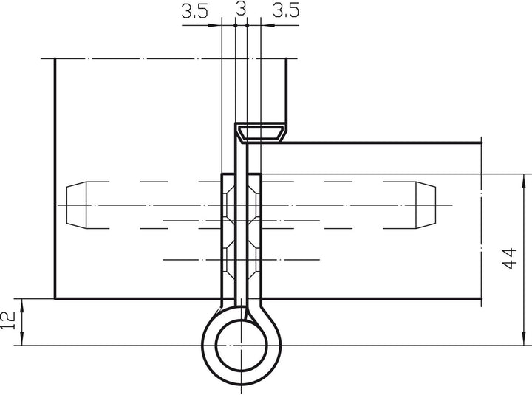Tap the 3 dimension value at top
[241, 10]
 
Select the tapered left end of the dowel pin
[78, 204]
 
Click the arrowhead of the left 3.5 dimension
[216, 24]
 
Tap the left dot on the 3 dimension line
[235, 24]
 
